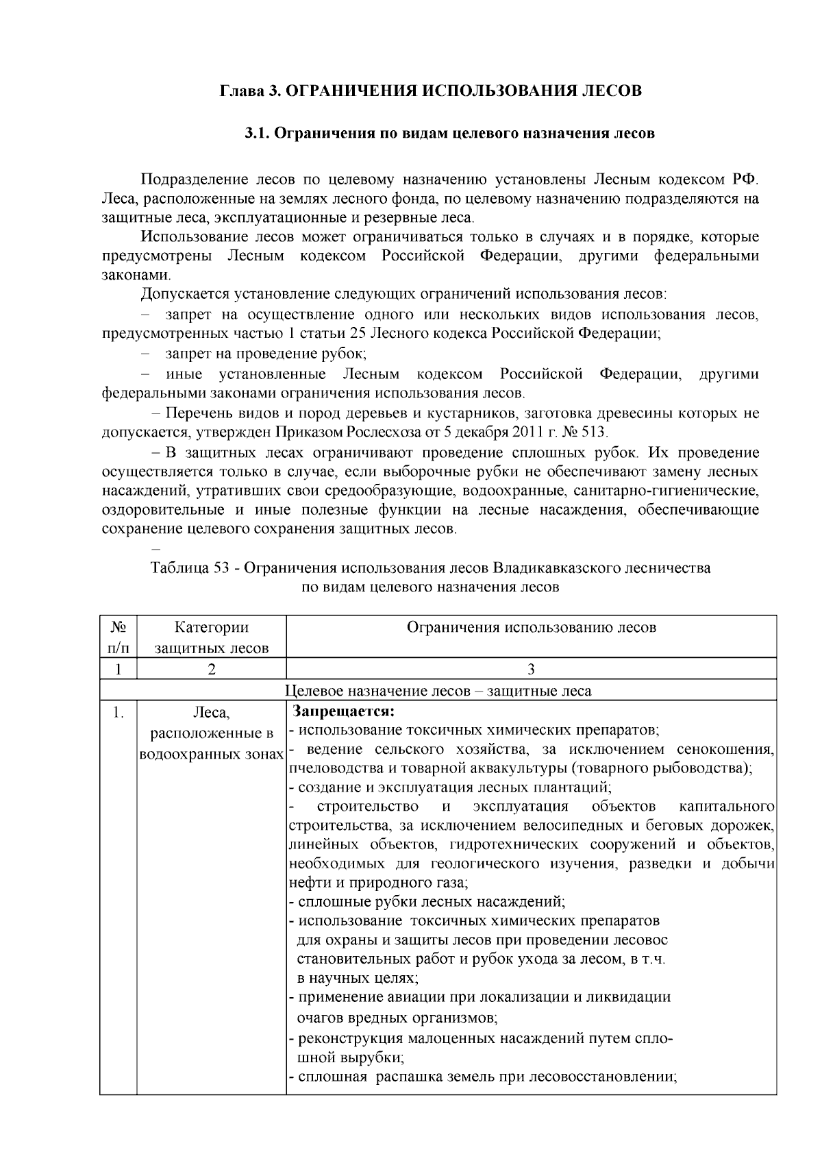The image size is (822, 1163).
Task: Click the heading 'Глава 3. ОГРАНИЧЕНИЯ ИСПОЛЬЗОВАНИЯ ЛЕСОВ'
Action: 430,91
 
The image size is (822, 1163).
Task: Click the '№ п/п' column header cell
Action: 118,637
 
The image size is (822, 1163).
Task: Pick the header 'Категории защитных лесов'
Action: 211,637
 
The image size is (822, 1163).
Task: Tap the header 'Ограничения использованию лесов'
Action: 531,628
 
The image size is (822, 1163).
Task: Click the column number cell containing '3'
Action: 531,670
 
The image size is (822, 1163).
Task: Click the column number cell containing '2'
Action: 211,670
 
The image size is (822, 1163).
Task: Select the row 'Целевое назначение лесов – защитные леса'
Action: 438,691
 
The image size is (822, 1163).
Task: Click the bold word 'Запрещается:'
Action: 343,712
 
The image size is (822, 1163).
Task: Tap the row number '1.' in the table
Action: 118,713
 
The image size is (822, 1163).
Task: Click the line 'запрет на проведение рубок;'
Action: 266,354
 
